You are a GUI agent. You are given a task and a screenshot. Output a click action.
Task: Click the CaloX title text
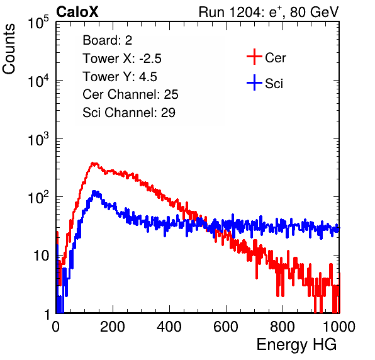click(77, 12)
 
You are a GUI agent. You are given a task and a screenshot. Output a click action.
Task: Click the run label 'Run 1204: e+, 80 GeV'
click(269, 12)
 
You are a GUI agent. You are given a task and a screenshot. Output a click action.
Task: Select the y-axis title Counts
click(9, 49)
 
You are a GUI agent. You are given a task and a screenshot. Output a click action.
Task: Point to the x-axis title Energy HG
click(296, 345)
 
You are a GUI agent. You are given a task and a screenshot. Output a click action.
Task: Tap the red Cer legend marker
click(254, 57)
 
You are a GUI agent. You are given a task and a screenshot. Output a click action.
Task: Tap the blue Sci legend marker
click(254, 82)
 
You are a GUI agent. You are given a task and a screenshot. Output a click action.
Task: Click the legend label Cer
click(275, 58)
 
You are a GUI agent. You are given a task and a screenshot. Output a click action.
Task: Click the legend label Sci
click(274, 84)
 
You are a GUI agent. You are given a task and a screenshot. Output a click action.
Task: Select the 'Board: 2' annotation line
click(108, 40)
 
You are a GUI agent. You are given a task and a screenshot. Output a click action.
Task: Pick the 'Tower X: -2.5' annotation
click(122, 59)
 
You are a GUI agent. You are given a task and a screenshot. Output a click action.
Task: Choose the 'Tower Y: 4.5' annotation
click(120, 77)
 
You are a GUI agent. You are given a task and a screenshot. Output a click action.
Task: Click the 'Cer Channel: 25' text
click(130, 94)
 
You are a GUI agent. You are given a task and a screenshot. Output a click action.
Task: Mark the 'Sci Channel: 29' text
click(129, 113)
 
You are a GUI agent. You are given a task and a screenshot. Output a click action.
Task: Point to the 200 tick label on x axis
click(113, 327)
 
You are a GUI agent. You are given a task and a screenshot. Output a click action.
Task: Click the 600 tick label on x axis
click(226, 327)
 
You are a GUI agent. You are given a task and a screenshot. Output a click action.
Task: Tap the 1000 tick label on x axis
click(339, 327)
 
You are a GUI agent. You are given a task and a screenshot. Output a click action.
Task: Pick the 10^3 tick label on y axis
click(39, 138)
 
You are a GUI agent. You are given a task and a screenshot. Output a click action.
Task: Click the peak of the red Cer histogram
click(94, 164)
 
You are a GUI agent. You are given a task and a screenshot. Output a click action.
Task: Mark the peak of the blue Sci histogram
click(95, 191)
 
